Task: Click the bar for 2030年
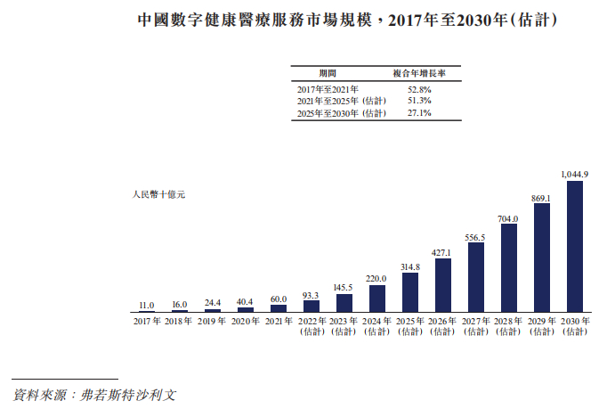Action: (x=574, y=245)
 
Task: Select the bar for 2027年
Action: (x=475, y=276)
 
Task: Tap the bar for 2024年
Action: (x=376, y=298)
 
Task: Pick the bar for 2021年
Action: (x=279, y=307)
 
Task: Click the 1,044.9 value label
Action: (x=574, y=174)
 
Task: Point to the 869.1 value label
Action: (x=541, y=197)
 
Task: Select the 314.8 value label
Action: (x=409, y=266)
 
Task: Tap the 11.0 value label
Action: (x=147, y=304)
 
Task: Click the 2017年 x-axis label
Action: (x=147, y=321)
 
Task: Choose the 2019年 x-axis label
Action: (x=213, y=321)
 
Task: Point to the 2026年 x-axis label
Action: (x=442, y=321)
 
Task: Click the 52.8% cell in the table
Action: (x=418, y=90)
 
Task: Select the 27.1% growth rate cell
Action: (x=418, y=113)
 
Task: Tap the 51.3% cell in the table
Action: (x=418, y=102)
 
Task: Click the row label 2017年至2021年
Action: (x=328, y=90)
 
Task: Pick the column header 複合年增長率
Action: (x=418, y=72)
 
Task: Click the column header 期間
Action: (x=328, y=72)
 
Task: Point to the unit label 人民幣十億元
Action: (x=158, y=192)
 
